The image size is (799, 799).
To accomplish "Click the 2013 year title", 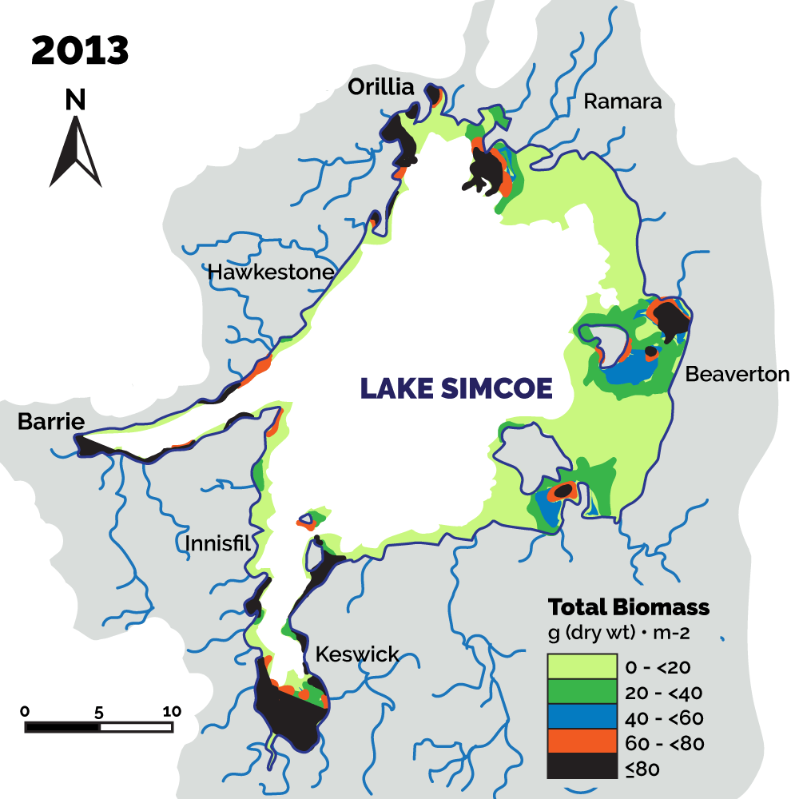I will pyautogui.click(x=80, y=50).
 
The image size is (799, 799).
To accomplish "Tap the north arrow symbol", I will pyautogui.click(x=75, y=152).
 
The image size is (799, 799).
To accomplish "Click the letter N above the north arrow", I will pyautogui.click(x=75, y=99).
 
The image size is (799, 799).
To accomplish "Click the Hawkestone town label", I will pyautogui.click(x=270, y=273).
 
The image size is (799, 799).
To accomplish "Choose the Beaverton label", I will pyautogui.click(x=737, y=373).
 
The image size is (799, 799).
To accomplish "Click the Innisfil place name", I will pyautogui.click(x=217, y=544).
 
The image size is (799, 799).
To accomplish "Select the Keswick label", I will pyautogui.click(x=356, y=654).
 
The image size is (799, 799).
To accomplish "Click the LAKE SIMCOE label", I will pyautogui.click(x=456, y=388).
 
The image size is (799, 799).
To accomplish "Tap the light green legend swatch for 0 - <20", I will pyautogui.click(x=582, y=666).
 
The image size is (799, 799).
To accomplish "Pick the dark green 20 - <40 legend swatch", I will pyautogui.click(x=582, y=692).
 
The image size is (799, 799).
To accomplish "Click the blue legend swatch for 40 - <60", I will pyautogui.click(x=582, y=717).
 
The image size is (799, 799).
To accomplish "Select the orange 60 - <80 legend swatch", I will pyautogui.click(x=582, y=741).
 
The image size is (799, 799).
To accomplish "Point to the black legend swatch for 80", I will pyautogui.click(x=582, y=766).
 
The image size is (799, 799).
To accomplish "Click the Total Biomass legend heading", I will pyautogui.click(x=628, y=606).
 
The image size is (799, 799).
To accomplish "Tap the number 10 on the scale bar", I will pyautogui.click(x=172, y=711).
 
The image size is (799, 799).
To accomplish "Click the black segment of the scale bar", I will pyautogui.click(x=62, y=727).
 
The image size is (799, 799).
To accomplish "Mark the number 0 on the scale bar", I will pyautogui.click(x=26, y=711).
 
